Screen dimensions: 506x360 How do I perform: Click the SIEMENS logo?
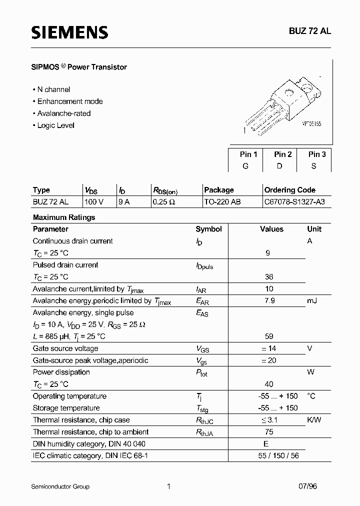(69, 32)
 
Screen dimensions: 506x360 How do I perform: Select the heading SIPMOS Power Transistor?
(80, 67)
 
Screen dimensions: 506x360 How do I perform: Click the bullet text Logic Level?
(55, 125)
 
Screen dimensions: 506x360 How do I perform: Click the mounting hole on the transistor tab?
(289, 92)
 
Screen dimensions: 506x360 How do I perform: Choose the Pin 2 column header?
(282, 154)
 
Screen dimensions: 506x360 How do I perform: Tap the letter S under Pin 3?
(313, 166)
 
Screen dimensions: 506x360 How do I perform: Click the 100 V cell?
(94, 202)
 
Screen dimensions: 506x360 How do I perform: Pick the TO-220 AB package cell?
(224, 202)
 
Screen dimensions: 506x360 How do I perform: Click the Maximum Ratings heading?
(63, 217)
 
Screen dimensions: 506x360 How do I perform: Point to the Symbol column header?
(208, 229)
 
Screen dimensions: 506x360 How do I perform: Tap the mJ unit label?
(312, 300)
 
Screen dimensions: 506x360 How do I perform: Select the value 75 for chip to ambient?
(269, 432)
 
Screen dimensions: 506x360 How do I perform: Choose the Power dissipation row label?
(61, 372)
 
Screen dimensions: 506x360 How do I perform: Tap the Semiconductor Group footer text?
(60, 486)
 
